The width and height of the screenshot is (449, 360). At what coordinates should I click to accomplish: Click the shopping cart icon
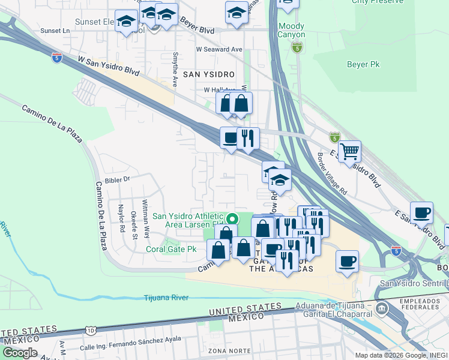(349, 151)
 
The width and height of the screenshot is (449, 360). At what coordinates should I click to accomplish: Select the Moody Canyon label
(292, 31)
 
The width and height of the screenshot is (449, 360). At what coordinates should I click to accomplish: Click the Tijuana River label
(166, 298)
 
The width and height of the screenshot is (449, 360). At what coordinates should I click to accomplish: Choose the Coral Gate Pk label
(171, 248)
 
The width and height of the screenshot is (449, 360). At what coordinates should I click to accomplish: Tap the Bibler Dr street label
(117, 179)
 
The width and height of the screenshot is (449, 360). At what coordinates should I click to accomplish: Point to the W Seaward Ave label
(219, 49)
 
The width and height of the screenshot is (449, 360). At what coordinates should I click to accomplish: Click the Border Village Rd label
(332, 173)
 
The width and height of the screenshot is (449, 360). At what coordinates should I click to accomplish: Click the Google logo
(19, 353)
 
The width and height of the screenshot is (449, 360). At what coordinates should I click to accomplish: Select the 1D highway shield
(91, 330)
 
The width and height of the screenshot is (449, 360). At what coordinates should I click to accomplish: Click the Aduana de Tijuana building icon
(382, 308)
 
